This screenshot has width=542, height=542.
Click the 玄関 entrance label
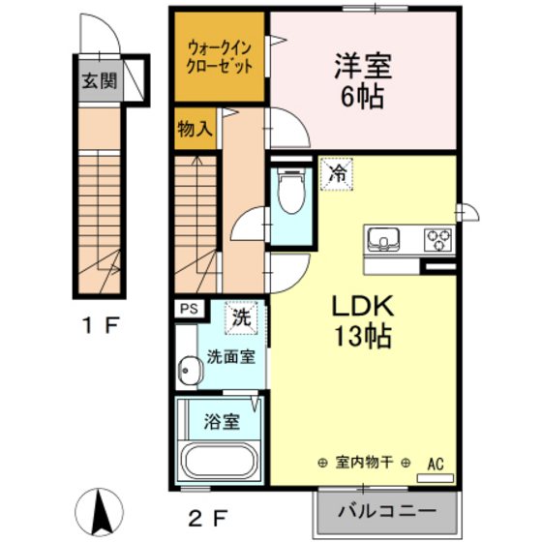[x=100, y=81]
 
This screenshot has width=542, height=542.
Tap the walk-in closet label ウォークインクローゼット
[x=219, y=57]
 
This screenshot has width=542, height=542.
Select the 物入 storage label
[x=195, y=129]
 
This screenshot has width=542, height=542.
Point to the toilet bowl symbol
[x=291, y=192]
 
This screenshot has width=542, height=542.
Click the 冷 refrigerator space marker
[x=337, y=174]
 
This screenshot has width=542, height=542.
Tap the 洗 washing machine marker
[x=241, y=317]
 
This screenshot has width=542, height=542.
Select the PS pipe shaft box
[x=189, y=309]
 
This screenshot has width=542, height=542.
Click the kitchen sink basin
[x=383, y=239]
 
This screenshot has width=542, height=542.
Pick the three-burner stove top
[x=438, y=239]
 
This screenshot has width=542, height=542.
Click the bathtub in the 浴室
[x=220, y=461]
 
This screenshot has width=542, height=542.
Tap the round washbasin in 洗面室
[x=190, y=371]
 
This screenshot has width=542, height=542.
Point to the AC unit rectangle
[x=436, y=478]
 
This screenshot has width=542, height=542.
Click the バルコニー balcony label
[x=387, y=511]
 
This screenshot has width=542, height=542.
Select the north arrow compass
[x=99, y=512]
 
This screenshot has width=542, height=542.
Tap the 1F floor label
[x=101, y=325]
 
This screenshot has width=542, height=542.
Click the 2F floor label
[x=207, y=518]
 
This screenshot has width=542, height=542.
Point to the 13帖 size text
[x=363, y=337]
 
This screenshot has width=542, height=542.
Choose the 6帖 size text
[x=362, y=97]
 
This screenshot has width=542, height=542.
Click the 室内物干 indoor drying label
[x=364, y=463]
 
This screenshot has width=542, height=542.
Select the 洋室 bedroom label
[x=363, y=66]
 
